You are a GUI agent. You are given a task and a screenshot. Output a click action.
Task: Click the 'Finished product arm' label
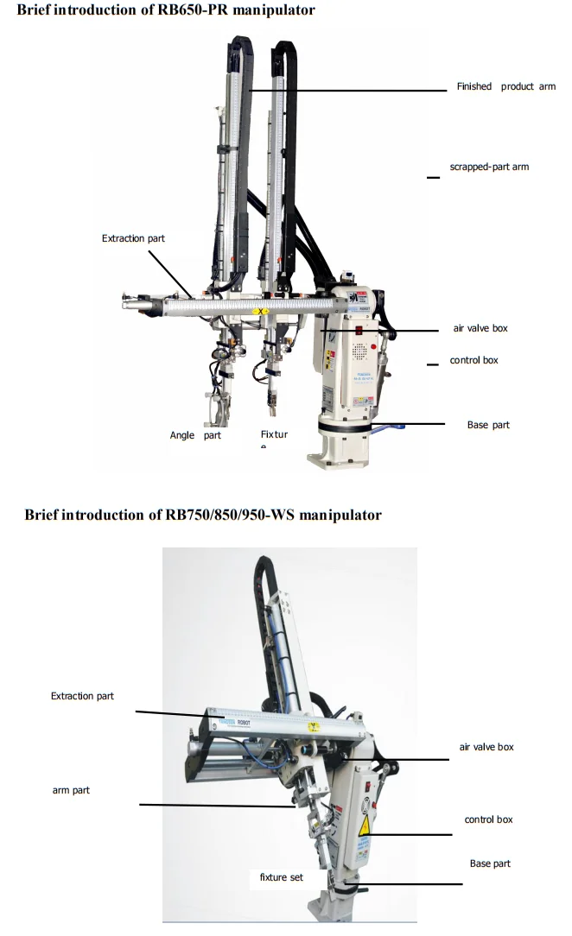505,86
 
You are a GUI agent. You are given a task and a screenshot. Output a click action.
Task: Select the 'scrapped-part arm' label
489,167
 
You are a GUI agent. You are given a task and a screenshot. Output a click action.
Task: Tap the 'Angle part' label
195,436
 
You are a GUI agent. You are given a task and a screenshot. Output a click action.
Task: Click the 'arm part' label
71,790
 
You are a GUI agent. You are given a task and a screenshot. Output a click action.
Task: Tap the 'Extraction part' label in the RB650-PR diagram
133,238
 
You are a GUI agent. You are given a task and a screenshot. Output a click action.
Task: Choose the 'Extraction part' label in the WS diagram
82,696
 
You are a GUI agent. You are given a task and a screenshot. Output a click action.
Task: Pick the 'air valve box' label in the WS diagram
486,747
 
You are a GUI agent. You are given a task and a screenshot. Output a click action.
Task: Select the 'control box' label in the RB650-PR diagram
474,360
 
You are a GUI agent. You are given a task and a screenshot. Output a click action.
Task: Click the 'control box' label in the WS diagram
488,819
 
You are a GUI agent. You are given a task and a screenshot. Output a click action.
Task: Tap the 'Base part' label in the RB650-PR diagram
488,425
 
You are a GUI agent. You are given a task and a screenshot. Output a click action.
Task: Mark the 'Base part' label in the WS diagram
490,863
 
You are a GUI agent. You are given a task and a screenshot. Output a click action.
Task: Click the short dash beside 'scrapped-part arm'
433,178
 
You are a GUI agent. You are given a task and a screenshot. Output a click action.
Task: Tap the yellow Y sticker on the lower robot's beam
315,727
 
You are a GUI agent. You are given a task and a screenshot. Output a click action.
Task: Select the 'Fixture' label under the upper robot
274,435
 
